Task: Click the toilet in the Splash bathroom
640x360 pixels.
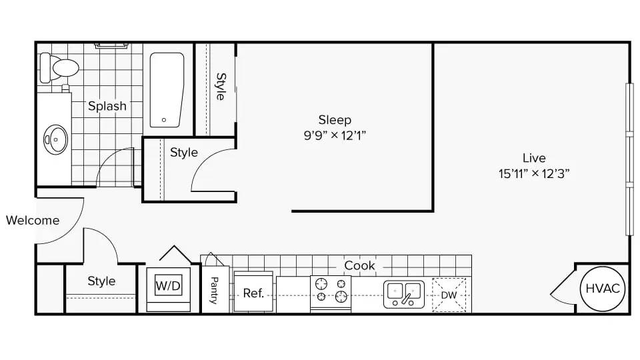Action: coord(59,68)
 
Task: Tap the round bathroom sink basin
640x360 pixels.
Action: coord(56,140)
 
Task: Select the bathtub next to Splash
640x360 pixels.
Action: coord(167,90)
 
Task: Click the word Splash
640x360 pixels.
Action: coord(107,106)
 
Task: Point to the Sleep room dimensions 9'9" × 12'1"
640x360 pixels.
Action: coord(335,135)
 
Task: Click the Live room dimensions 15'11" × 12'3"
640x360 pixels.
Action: coord(534,173)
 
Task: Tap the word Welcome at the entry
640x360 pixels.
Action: coord(33,221)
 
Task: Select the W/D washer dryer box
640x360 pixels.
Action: coord(168,286)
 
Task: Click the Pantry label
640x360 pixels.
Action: coord(214,290)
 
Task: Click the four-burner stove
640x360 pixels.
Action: coord(331,293)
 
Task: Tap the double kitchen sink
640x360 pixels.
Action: coord(404,294)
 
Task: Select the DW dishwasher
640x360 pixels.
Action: coord(449,295)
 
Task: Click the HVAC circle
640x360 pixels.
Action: coord(603,289)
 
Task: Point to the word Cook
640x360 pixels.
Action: coord(359,265)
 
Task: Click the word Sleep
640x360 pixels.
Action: coord(335,119)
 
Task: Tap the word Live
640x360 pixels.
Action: coord(534,158)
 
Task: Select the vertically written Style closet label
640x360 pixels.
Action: coord(221,87)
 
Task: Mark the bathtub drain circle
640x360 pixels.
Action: coord(164,120)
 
